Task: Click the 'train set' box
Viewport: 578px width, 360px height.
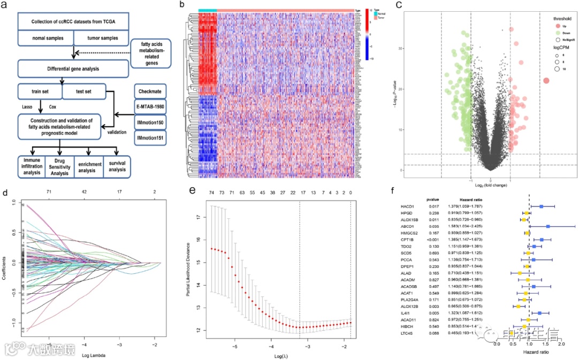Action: point(40,91)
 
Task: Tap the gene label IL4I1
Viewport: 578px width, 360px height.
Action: point(407,312)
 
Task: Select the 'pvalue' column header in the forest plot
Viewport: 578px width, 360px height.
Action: point(434,197)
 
